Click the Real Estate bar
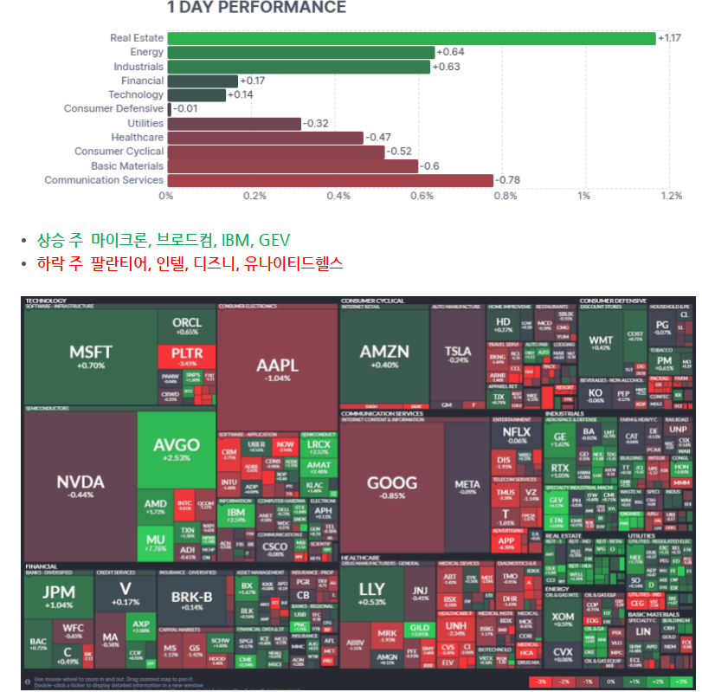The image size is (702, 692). pyautogui.click(x=411, y=38)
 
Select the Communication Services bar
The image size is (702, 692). pyautogui.click(x=329, y=180)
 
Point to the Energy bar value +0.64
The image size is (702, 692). pyautogui.click(x=450, y=52)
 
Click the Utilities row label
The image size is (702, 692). pyautogui.click(x=145, y=123)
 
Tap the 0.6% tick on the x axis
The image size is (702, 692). pyautogui.click(x=422, y=196)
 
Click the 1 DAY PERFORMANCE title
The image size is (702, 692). pyautogui.click(x=256, y=8)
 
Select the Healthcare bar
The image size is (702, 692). pyautogui.click(x=265, y=138)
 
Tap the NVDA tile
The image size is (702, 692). pyautogui.click(x=80, y=485)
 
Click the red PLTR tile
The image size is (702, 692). pyautogui.click(x=186, y=356)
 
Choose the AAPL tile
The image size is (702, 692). pyautogui.click(x=277, y=368)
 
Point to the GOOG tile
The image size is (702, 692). pyautogui.click(x=391, y=487)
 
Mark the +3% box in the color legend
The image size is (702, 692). pyautogui.click(x=683, y=682)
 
